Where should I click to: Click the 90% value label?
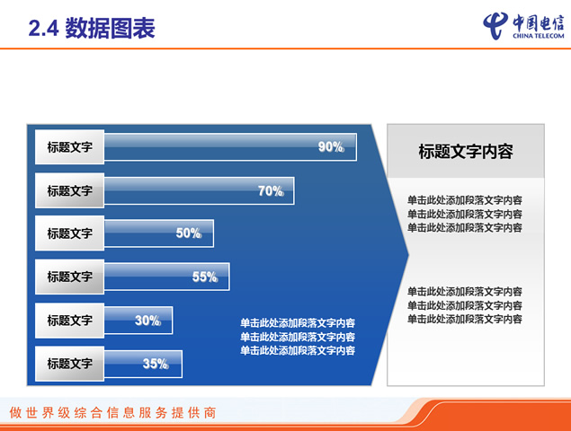click(x=331, y=147)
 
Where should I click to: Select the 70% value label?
click(x=271, y=191)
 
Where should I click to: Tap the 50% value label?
click(x=189, y=233)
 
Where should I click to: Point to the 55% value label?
click(x=205, y=277)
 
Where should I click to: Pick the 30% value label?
click(x=147, y=321)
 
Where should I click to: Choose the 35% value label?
click(x=156, y=364)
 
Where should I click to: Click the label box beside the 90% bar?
click(x=69, y=147)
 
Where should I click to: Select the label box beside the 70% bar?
click(x=69, y=190)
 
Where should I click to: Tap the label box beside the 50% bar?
click(x=69, y=233)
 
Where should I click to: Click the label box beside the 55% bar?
click(x=69, y=277)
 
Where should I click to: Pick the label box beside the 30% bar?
click(x=69, y=321)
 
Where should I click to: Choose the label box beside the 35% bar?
click(x=69, y=364)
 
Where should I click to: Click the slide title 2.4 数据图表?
click(x=92, y=28)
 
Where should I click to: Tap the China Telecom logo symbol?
click(x=495, y=25)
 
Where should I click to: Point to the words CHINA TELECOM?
click(x=539, y=36)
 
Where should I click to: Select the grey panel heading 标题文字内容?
click(x=466, y=152)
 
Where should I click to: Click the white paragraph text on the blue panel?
click(x=298, y=337)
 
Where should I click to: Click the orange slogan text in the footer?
click(x=113, y=413)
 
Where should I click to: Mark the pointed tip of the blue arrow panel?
click(x=408, y=255)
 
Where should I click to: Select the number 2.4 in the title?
click(x=43, y=29)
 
